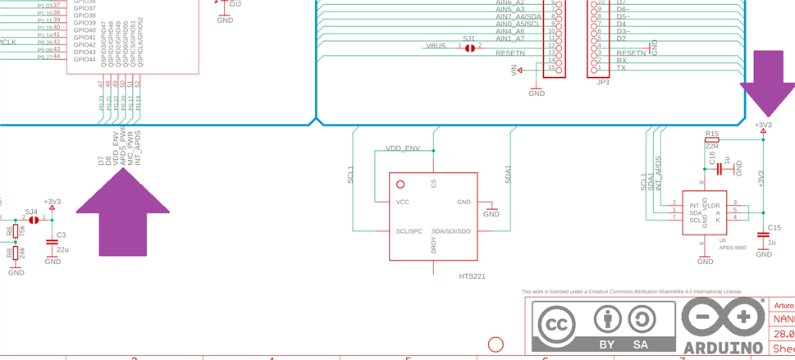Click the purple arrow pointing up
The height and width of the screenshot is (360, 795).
[x=122, y=215]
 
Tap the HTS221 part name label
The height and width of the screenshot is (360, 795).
[x=472, y=276]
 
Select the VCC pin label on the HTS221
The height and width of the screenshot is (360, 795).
[x=402, y=202]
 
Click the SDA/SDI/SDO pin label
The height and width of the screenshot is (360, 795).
[x=450, y=231]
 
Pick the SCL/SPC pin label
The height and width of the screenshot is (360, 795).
[x=409, y=231]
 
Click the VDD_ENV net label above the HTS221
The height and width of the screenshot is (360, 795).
[x=403, y=148]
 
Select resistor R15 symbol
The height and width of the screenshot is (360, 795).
[x=711, y=140]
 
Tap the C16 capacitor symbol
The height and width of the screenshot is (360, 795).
[x=720, y=169]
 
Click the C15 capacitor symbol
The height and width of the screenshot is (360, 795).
[x=764, y=236]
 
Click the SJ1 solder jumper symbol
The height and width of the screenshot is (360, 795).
[x=469, y=48]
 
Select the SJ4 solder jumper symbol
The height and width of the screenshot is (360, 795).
[x=33, y=220]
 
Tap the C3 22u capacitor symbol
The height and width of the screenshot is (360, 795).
[x=53, y=243]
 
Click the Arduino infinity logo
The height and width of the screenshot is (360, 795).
[x=722, y=317]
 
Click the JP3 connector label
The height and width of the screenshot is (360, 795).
[x=602, y=82]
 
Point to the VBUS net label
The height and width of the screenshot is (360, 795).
[x=436, y=46]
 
